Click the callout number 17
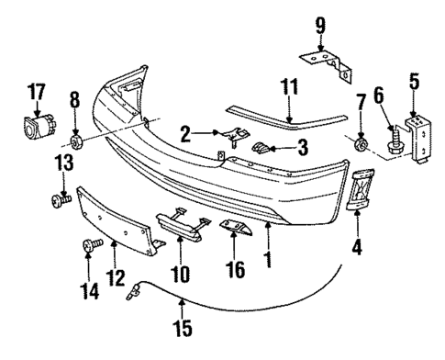(36, 92)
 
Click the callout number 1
(269, 259)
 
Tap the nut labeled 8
(76, 143)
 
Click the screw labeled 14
(90, 246)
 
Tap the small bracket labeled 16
(238, 227)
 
